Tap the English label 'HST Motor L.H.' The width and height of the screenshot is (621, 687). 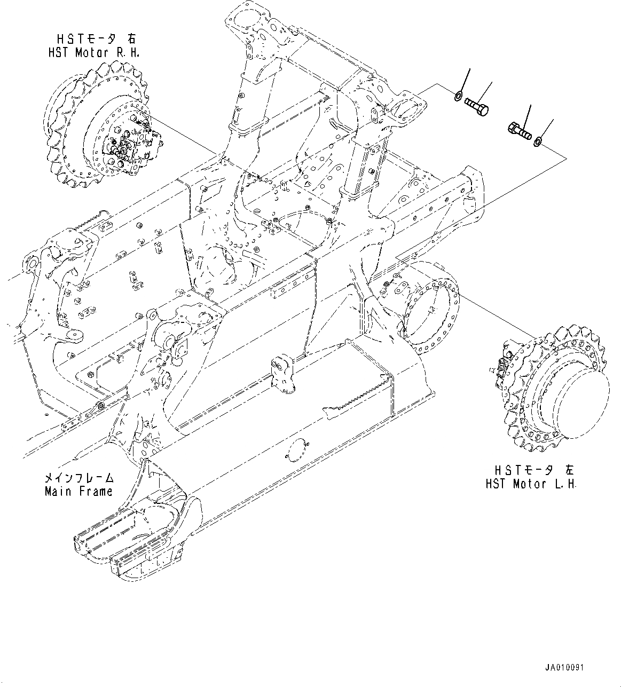[531, 484]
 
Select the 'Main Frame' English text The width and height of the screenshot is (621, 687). [78, 491]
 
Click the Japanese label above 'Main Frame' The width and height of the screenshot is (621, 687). [80, 478]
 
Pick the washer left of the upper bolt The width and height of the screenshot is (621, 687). [458, 97]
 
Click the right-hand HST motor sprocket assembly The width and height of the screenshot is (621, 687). [99, 126]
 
